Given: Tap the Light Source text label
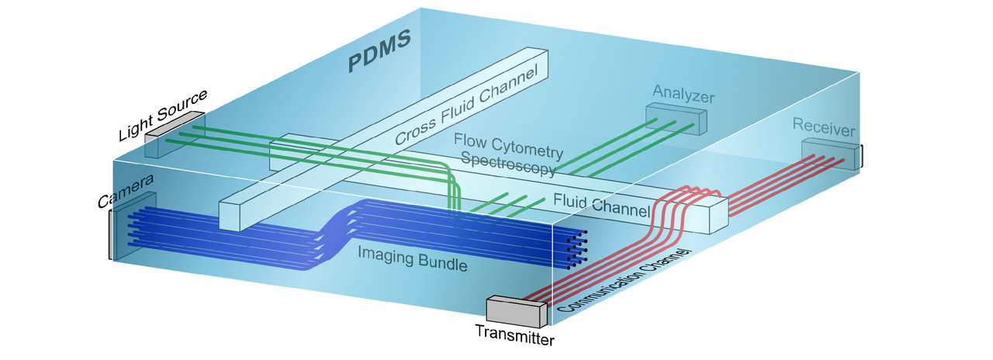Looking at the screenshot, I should click(162, 115).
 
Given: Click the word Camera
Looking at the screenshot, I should click(125, 191).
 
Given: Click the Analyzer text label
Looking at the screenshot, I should click(683, 96).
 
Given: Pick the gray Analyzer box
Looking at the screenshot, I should click(677, 119).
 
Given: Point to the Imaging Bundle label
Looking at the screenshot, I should click(412, 258).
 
